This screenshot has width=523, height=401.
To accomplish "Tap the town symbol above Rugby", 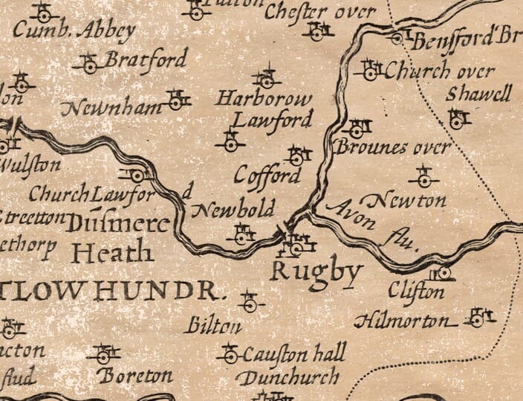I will tap(298, 240).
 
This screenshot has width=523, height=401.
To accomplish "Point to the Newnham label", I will tap(111, 109).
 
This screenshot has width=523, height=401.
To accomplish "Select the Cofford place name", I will tap(268, 175).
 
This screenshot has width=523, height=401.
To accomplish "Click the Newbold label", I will tap(233, 208).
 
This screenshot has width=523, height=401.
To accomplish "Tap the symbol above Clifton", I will tap(441, 273).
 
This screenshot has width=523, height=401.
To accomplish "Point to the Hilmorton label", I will tap(404, 321).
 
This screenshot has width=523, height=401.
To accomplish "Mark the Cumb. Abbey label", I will tap(75, 31).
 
